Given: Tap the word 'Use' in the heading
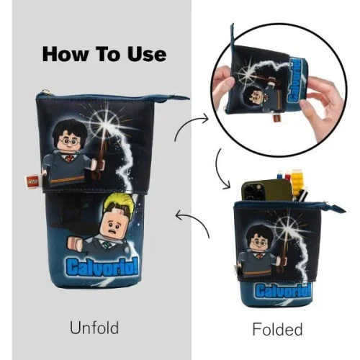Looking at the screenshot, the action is click(147, 55).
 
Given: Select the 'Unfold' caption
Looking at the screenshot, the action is click(94, 328).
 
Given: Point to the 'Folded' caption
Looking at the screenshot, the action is click(277, 329).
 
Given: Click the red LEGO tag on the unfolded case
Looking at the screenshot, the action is click(32, 182).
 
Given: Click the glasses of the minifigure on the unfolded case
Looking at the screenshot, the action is click(69, 142).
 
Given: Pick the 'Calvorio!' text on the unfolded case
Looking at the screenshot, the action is click(102, 268).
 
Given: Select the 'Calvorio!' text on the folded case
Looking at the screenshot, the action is click(283, 290).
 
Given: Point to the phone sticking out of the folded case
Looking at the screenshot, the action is click(266, 190).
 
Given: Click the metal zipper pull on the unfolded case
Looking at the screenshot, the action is click(45, 91).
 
